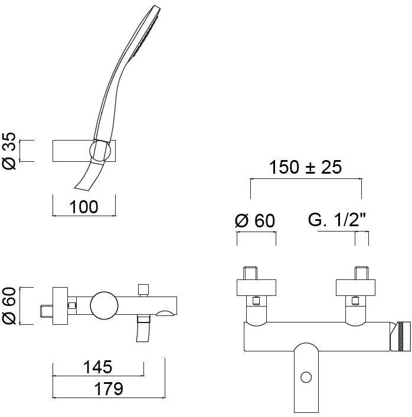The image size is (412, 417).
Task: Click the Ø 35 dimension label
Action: [9, 151]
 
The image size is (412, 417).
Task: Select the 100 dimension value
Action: [84, 207]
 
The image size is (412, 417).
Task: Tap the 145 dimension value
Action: [98, 367]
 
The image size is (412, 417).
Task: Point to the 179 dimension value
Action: [109, 389]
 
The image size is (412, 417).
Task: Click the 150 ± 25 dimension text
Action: [305, 167]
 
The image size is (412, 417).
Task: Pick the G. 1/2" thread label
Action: [337, 220]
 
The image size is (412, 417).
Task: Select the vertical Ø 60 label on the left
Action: [9, 306]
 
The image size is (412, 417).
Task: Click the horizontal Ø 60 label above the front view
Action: [255, 220]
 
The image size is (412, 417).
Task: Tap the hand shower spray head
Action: [145, 32]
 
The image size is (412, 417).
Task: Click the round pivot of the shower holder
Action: [100, 151]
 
